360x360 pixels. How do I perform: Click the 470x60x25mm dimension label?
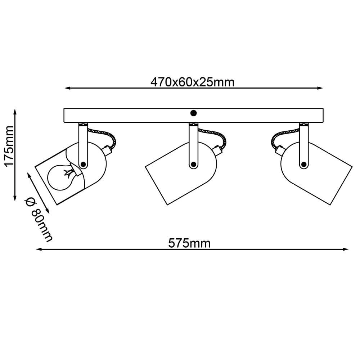click(x=192, y=82)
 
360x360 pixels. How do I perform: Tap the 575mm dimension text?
click(x=189, y=243)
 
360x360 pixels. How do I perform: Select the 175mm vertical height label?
click(x=9, y=146)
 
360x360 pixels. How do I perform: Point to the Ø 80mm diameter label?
click(x=39, y=219)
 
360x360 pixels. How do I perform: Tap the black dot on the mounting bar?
click(x=193, y=113)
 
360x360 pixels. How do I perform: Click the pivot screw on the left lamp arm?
click(x=83, y=164)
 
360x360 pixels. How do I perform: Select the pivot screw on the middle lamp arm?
click(x=194, y=164)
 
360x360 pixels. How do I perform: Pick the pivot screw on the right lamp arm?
click(x=304, y=164)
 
